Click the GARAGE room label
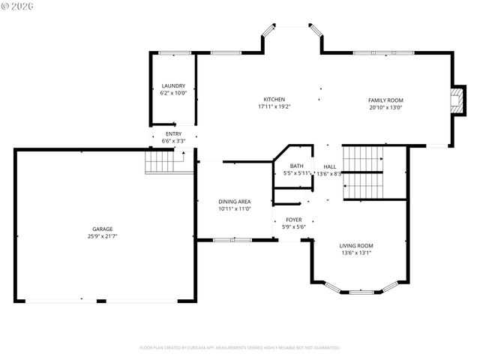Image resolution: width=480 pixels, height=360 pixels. coord(103,229)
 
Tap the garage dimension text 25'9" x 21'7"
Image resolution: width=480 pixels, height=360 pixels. coord(103,236)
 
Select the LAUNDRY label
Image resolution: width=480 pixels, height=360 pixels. coord(173,86)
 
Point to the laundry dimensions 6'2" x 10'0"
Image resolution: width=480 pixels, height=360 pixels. coord(173,94)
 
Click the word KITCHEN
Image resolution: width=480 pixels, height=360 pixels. coord(274,100)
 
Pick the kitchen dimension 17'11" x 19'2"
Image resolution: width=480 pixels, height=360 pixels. coord(274,107)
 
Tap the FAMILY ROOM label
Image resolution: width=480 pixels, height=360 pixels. coord(385,100)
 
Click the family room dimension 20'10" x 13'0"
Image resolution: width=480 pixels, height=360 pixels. coord(385,107)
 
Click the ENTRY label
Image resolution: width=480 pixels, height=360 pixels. coord(173,133)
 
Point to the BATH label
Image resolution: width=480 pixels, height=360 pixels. coord(297,166)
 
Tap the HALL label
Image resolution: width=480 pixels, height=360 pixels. coord(330,166)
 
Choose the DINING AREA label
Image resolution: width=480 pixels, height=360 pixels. coord(234,201)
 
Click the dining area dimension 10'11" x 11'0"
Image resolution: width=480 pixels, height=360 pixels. coord(234,208)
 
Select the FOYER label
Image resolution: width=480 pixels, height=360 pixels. coord(293,219)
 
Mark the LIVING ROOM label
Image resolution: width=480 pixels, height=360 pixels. coord(356,245)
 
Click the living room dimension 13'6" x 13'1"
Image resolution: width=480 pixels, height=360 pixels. coord(356,253)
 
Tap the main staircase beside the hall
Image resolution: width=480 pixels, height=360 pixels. coord(363,173)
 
